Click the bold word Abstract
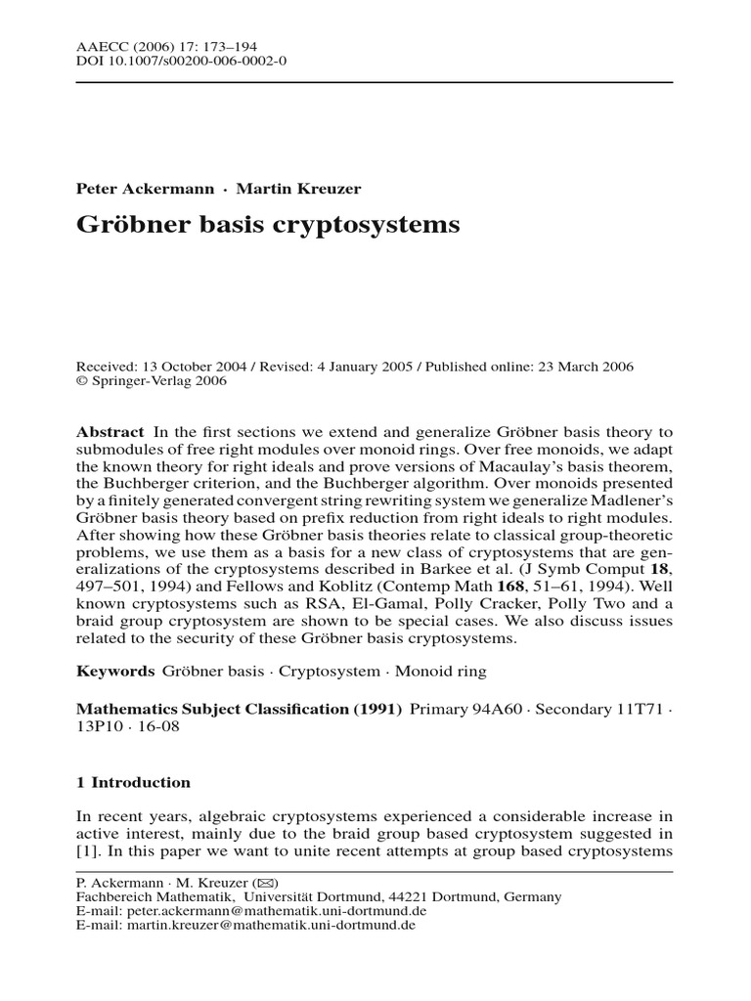[110, 432]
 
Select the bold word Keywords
[115, 672]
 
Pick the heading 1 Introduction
[133, 783]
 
